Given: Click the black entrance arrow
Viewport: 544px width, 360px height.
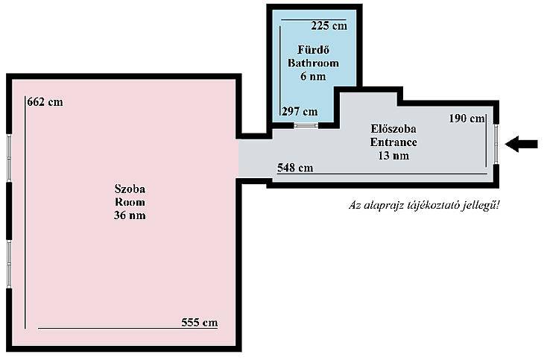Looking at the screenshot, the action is click(x=521, y=144).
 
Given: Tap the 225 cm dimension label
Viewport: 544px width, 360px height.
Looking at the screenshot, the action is click(x=329, y=25).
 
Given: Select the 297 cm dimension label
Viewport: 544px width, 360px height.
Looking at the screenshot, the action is click(x=300, y=112).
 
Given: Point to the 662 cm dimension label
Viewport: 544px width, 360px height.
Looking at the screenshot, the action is click(x=45, y=102).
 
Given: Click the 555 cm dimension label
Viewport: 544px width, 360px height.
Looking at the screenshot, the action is click(x=200, y=323).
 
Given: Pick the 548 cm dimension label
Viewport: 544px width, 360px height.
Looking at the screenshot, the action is click(x=295, y=168).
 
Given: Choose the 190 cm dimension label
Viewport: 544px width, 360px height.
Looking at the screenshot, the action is click(x=467, y=119).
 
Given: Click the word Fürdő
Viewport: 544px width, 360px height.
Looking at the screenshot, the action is click(x=313, y=50).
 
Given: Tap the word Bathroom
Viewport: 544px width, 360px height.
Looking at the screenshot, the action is click(x=313, y=63).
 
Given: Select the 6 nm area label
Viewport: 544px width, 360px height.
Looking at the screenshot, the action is click(x=313, y=76).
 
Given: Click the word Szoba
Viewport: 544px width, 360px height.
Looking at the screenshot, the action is click(x=130, y=189).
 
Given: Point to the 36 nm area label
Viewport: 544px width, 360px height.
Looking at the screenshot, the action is click(x=130, y=215).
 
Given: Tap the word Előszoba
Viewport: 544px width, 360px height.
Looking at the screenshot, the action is click(x=393, y=129).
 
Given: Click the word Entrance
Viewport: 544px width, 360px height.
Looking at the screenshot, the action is click(x=393, y=142).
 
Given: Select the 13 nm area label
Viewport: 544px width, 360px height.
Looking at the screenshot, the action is click(x=393, y=156).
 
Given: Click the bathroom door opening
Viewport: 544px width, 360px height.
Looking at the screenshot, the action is click(x=306, y=125).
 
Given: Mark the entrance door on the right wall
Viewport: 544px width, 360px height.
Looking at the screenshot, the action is click(x=496, y=144).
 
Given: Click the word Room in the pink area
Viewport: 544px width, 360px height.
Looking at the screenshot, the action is click(x=130, y=203).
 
